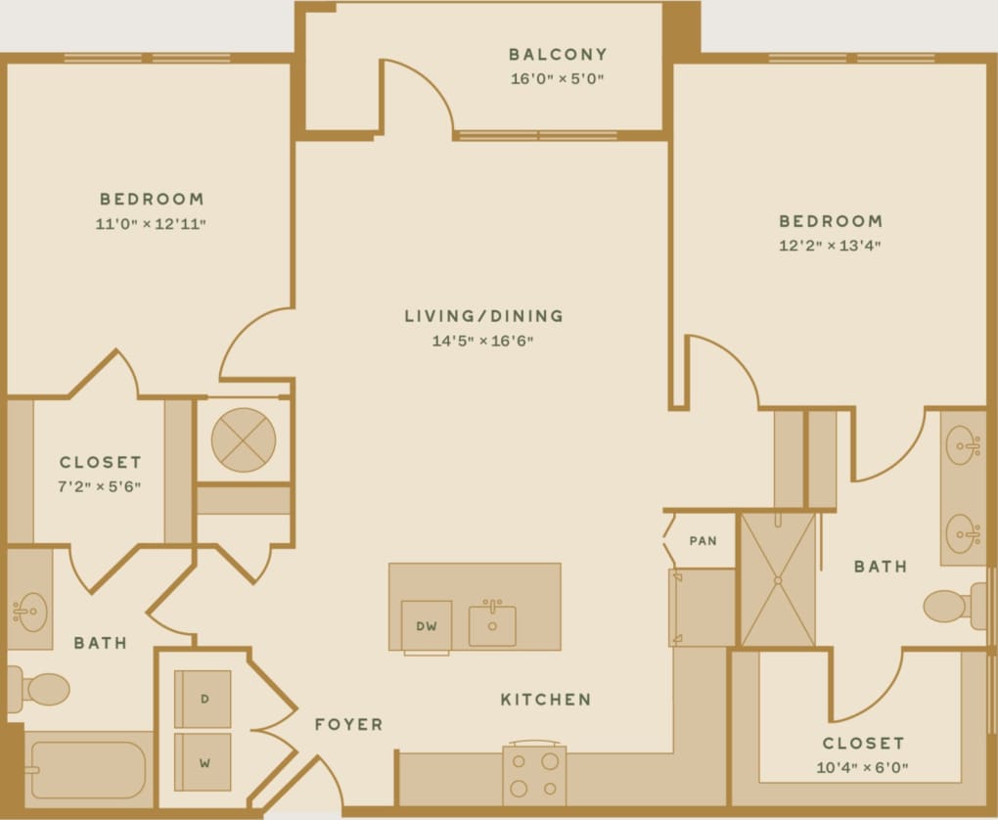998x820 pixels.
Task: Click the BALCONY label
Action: pyautogui.click(x=558, y=55)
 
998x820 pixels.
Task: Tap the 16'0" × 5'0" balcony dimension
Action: pyautogui.click(x=558, y=79)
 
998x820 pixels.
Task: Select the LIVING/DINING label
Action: pyautogui.click(x=484, y=316)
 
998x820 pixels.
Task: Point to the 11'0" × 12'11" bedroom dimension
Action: pyautogui.click(x=151, y=224)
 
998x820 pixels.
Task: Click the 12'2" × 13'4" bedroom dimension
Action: pyautogui.click(x=831, y=246)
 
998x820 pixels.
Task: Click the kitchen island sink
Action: pyautogui.click(x=492, y=625)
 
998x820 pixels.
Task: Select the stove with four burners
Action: pyautogui.click(x=534, y=773)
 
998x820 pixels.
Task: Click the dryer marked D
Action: pyautogui.click(x=204, y=699)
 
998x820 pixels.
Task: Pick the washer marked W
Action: pyautogui.click(x=204, y=761)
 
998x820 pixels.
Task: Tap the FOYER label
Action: pyautogui.click(x=348, y=725)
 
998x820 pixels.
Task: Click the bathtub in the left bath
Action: pyautogui.click(x=89, y=770)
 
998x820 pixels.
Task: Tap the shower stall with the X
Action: pyautogui.click(x=778, y=579)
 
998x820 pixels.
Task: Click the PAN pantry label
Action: pyautogui.click(x=703, y=540)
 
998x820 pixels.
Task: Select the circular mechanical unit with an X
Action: pyautogui.click(x=243, y=439)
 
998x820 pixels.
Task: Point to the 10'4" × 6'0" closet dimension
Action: pyautogui.click(x=862, y=768)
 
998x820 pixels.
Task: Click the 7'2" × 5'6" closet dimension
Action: pyautogui.click(x=101, y=486)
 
